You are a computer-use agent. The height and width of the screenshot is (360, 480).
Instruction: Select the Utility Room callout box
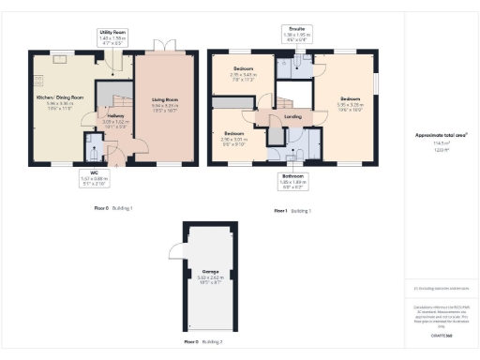click(113, 37)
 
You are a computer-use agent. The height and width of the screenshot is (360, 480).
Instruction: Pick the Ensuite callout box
click(295, 36)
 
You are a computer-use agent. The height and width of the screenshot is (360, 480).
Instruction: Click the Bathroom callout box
click(292, 181)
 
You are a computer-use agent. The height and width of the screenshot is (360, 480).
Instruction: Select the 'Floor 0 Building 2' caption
click(202, 342)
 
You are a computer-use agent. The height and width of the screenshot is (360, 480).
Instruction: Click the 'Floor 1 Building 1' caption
click(292, 211)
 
